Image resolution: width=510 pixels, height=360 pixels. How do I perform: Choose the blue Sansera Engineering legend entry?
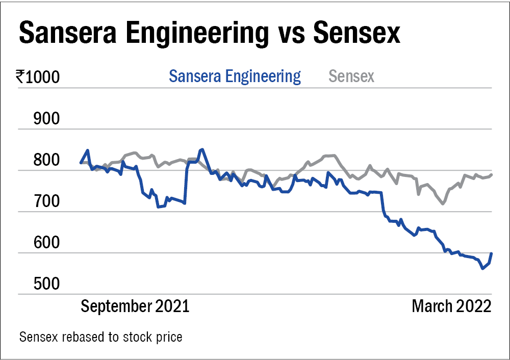click(235, 76)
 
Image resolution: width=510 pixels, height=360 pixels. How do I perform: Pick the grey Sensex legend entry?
click(351, 76)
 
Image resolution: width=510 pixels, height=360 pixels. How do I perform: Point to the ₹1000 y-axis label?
click(38, 78)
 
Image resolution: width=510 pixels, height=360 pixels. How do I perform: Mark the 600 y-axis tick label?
click(46, 243)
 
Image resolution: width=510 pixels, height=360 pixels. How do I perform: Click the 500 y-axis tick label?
click(46, 284)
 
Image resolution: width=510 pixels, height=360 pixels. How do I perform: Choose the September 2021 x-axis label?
click(135, 306)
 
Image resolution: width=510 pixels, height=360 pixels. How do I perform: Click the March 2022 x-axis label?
click(451, 306)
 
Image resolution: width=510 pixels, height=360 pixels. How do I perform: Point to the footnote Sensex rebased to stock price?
click(100, 337)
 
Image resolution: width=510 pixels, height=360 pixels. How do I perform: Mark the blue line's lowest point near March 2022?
click(483, 268)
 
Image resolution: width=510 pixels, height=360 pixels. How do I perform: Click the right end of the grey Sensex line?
click(492, 175)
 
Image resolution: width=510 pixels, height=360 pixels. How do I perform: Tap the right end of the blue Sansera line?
click(492, 253)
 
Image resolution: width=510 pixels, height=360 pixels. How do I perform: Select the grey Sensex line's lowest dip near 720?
click(442, 203)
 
